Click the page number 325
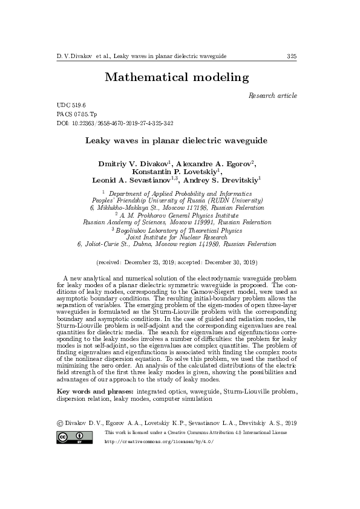292,56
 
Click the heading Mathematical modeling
177,77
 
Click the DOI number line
114,123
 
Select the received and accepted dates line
177,262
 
